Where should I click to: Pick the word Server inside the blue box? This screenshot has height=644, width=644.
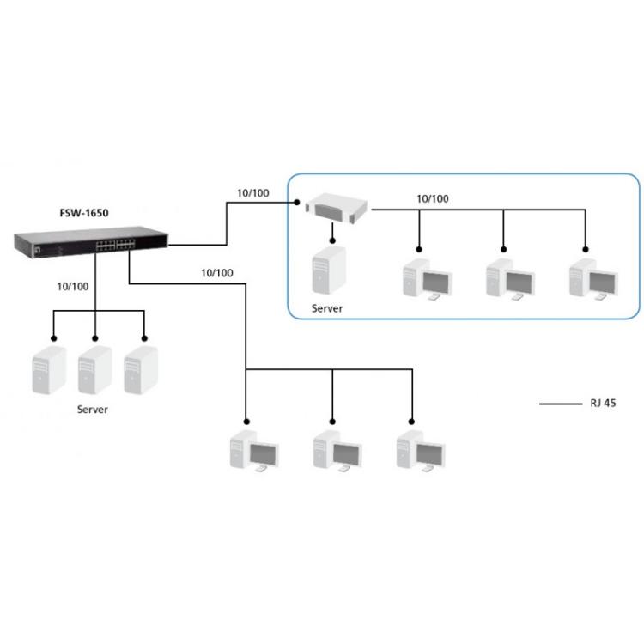click(x=327, y=307)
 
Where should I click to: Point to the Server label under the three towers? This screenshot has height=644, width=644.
click(x=93, y=410)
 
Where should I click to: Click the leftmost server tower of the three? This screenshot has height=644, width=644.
click(x=49, y=370)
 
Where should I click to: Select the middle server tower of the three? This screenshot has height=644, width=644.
click(x=94, y=370)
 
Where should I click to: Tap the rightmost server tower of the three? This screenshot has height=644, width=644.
click(x=139, y=370)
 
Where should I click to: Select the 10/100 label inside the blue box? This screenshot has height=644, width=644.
click(x=432, y=198)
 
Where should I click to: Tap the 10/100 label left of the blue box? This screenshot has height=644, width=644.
click(x=252, y=192)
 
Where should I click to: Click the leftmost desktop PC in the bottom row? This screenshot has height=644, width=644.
click(x=254, y=452)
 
